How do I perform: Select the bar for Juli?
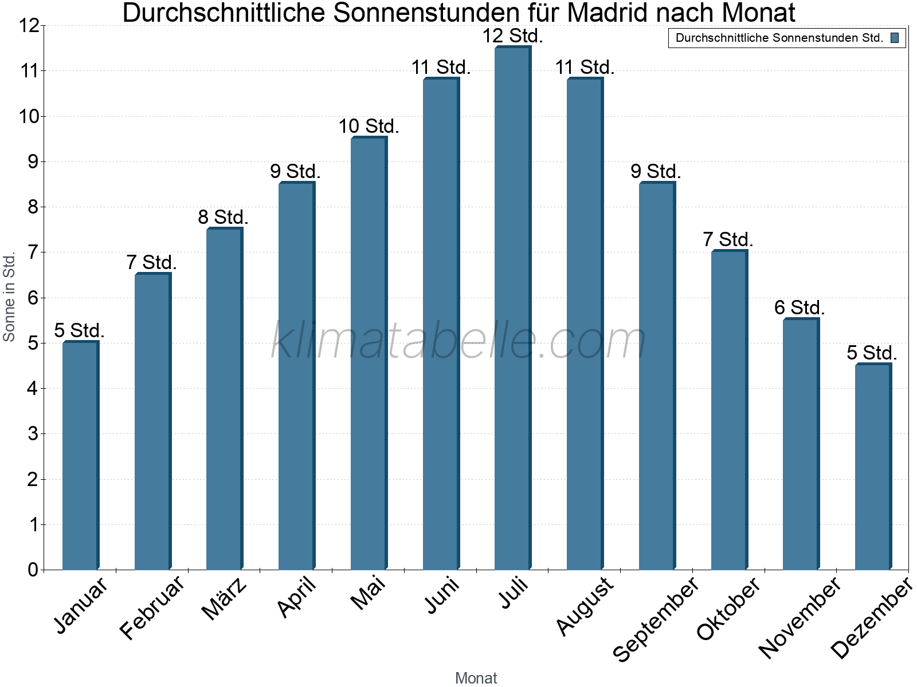[x=512, y=309]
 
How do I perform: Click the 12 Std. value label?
[x=512, y=36]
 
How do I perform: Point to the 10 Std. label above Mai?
[x=369, y=127]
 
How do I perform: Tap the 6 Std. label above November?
[x=800, y=308]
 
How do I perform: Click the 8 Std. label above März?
[x=223, y=218]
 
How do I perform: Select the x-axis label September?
[x=656, y=618]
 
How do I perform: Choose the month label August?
[x=585, y=606]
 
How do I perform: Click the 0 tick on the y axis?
[x=33, y=570]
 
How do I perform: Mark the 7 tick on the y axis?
[x=33, y=252]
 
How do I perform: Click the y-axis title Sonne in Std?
[x=9, y=298]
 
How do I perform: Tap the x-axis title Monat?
[x=476, y=678]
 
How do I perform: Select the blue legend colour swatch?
[x=895, y=38]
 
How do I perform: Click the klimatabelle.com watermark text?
[x=458, y=341]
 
